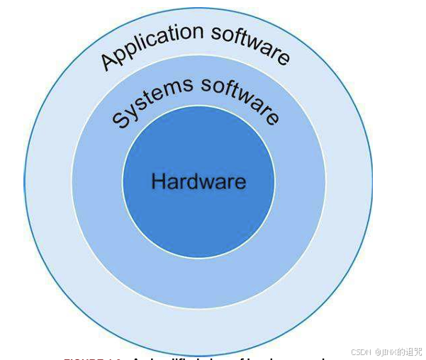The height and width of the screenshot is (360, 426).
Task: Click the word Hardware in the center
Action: tap(198, 181)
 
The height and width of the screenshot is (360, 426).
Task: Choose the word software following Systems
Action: tap(241, 99)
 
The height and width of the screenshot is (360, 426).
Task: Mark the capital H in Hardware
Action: tap(158, 181)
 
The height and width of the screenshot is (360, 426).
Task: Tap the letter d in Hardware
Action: tap(195, 181)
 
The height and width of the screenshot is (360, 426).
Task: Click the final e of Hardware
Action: tap(241, 182)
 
